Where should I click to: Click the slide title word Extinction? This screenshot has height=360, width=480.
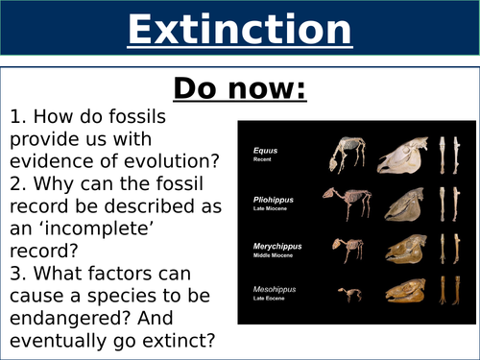[x=239, y=31]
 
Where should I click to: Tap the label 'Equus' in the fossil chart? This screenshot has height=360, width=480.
[x=264, y=150]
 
